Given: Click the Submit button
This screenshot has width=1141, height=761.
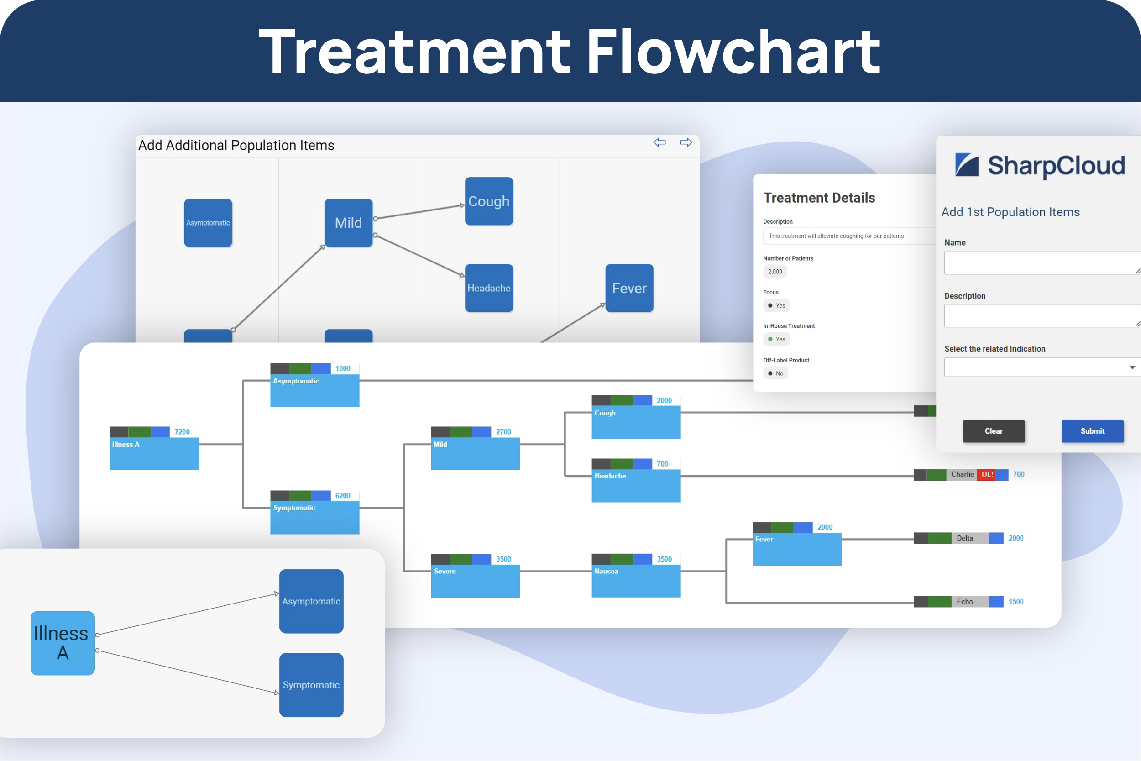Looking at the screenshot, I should [x=1092, y=431].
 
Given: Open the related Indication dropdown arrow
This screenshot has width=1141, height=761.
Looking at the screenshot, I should [x=1132, y=367].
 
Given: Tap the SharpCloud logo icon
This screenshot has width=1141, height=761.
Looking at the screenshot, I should [x=967, y=165].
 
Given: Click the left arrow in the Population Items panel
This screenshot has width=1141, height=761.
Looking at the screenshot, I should [x=659, y=142].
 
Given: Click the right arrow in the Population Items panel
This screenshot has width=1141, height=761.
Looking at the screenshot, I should [x=686, y=142].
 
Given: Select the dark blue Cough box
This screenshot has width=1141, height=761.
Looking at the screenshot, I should [x=488, y=201].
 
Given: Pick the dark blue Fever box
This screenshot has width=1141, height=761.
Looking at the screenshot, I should [x=629, y=288].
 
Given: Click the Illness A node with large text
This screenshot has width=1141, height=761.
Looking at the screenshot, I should [x=63, y=643].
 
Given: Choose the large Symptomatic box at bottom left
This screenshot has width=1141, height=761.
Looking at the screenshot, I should [x=311, y=684].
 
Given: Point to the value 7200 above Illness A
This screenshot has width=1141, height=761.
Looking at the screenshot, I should [x=182, y=432].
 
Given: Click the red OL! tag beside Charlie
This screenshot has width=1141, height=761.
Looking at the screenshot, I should [x=987, y=474].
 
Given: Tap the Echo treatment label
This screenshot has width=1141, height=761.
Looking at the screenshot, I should [x=964, y=601].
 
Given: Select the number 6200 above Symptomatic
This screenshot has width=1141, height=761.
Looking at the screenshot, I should [x=342, y=495].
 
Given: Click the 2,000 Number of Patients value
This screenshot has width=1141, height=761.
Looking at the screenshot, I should [x=775, y=272].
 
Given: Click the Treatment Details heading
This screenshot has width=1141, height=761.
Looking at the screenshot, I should [x=819, y=198].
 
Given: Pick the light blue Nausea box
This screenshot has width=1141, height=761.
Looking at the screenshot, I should [x=635, y=580].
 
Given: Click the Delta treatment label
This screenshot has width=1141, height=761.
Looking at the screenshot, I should [x=964, y=538].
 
